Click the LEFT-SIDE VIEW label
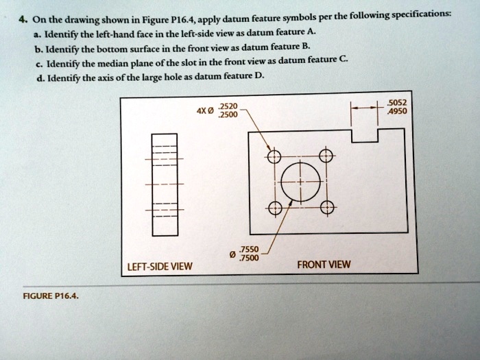tap(159, 267)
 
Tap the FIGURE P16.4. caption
tap(50, 298)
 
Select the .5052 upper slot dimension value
tap(397, 104)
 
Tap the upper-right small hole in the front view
tap(327, 156)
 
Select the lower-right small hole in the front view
tap(327, 207)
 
